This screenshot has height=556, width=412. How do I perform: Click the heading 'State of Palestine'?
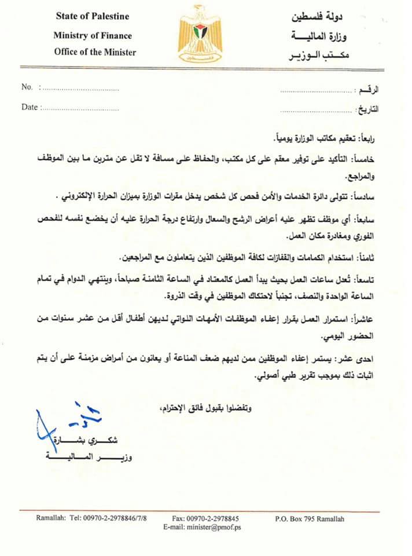pyautogui.click(x=93, y=16)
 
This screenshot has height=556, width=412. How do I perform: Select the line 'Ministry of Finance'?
pyautogui.click(x=93, y=35)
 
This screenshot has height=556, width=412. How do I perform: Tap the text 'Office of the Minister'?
pyautogui.click(x=95, y=52)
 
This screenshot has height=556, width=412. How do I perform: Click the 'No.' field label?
pyautogui.click(x=27, y=87)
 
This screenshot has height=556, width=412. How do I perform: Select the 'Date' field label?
pyautogui.click(x=30, y=107)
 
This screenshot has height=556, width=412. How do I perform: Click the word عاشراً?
pyautogui.click(x=367, y=319)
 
